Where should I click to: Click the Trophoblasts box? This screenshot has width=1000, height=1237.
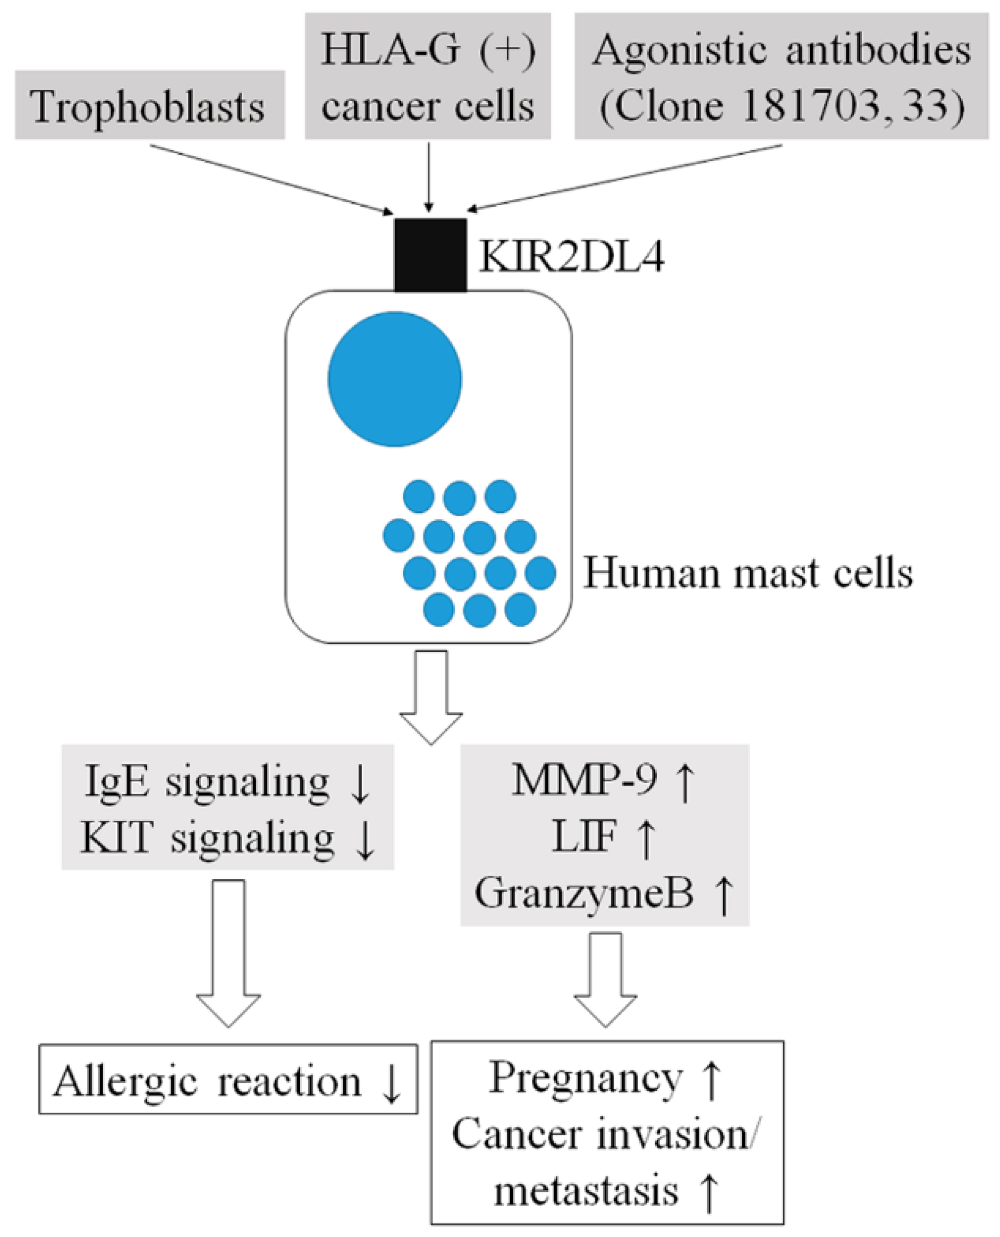click(x=149, y=105)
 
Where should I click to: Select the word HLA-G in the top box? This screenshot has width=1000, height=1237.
click(x=391, y=50)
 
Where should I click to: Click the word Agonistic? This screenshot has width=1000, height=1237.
click(x=680, y=50)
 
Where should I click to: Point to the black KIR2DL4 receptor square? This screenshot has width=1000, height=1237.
click(x=430, y=255)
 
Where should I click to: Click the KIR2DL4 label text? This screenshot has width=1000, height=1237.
click(x=571, y=256)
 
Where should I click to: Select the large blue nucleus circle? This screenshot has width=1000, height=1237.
click(x=395, y=378)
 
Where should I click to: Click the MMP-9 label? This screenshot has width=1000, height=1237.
click(x=583, y=780)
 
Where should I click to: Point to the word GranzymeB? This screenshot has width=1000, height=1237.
click(x=583, y=893)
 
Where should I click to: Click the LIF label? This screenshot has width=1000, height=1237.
click(x=583, y=836)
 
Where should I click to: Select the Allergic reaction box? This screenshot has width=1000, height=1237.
click(x=228, y=1081)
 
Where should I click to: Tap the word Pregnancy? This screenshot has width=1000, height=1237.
click(x=585, y=1078)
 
